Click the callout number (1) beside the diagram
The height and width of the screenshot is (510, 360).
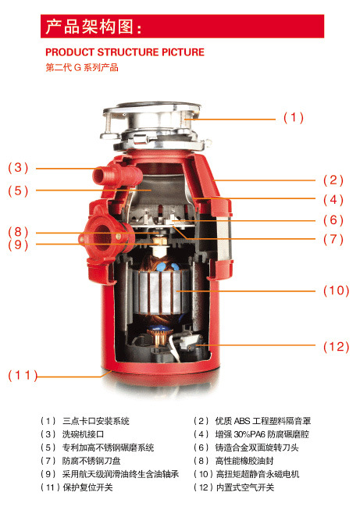(x=294, y=117)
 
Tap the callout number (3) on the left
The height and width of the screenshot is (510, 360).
(x=18, y=168)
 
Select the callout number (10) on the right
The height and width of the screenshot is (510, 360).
(x=336, y=291)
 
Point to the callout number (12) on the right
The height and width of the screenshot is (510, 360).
(x=336, y=347)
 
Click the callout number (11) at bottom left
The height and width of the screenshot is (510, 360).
(x=23, y=376)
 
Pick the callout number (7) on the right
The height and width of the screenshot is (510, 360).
(x=333, y=240)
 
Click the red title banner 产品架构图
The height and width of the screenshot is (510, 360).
(x=182, y=27)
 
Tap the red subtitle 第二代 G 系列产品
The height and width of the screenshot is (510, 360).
(x=82, y=68)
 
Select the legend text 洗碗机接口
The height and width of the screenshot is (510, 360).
(x=83, y=434)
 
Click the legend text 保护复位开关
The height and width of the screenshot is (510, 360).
(x=87, y=487)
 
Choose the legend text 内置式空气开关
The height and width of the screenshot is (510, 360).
(x=245, y=487)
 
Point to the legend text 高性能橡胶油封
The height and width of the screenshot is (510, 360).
(x=244, y=461)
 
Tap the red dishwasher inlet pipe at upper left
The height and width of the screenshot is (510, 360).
(x=117, y=177)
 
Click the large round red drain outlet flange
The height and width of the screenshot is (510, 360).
(x=103, y=237)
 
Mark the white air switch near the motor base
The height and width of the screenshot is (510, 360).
(x=187, y=342)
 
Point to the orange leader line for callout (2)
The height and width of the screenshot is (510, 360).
(x=265, y=180)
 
